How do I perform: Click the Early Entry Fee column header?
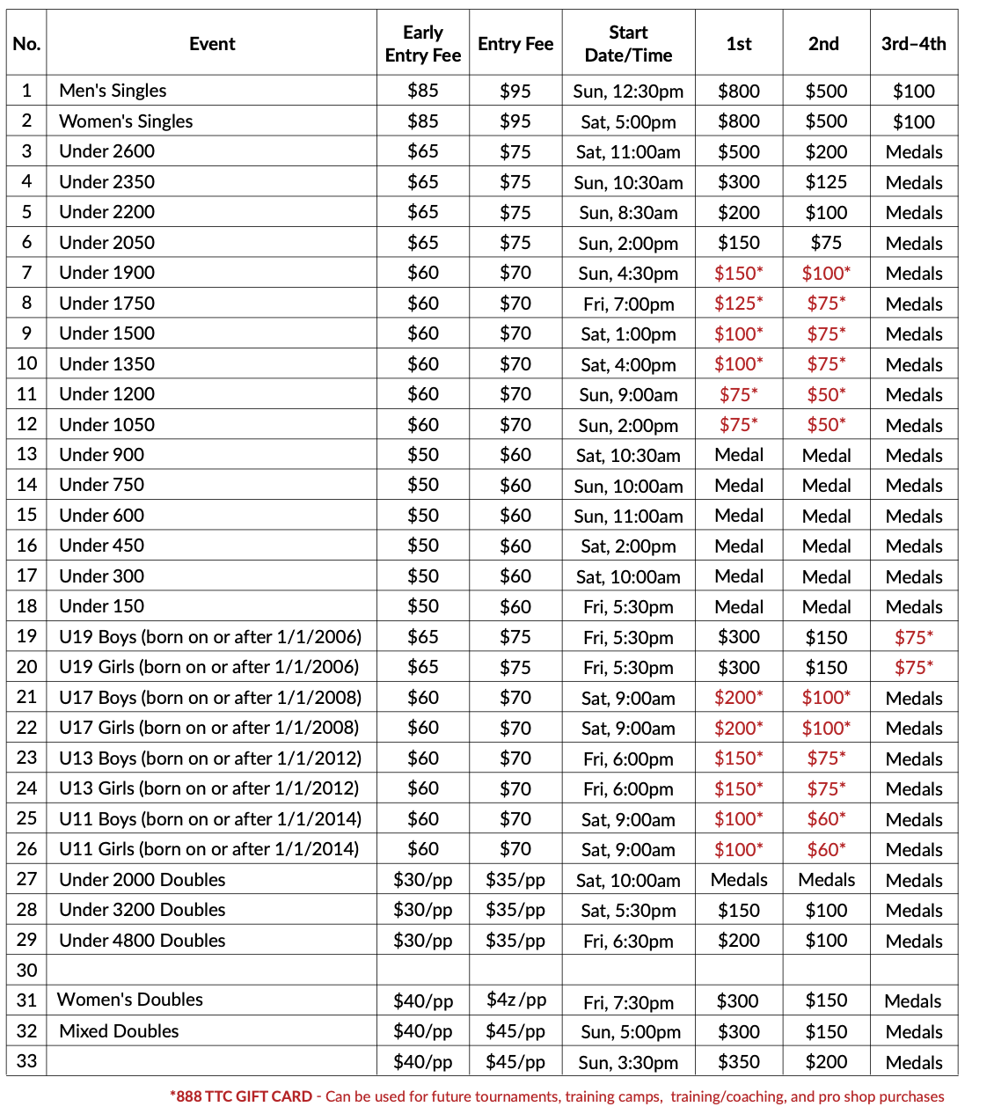point(422,44)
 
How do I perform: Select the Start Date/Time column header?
point(628,44)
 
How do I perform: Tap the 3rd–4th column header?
point(913,44)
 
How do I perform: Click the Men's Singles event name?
point(113,91)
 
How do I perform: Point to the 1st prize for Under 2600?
point(738,151)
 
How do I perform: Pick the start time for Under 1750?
point(628,304)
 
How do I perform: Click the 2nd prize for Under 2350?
point(825,182)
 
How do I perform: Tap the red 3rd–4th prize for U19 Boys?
point(913,637)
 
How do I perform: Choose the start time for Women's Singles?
point(628,121)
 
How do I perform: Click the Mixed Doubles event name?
point(119,1031)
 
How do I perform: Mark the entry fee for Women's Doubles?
point(515,1000)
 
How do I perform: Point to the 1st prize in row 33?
point(738,1062)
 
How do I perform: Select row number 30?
point(26,971)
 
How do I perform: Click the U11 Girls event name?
point(208,849)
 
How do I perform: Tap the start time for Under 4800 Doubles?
point(628,941)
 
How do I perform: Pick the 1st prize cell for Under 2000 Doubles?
point(738,880)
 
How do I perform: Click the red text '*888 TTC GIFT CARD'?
point(241,1096)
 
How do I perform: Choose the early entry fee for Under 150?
point(422,606)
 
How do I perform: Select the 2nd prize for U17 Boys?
point(825,698)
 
